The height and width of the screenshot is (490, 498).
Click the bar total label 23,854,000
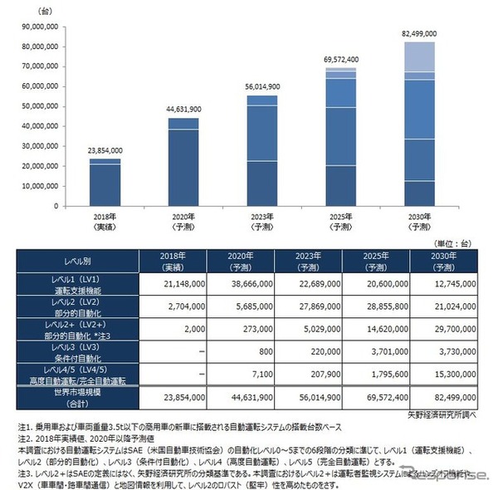105,151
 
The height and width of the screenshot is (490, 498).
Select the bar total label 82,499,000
418,33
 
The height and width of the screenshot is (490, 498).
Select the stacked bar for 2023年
261,150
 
